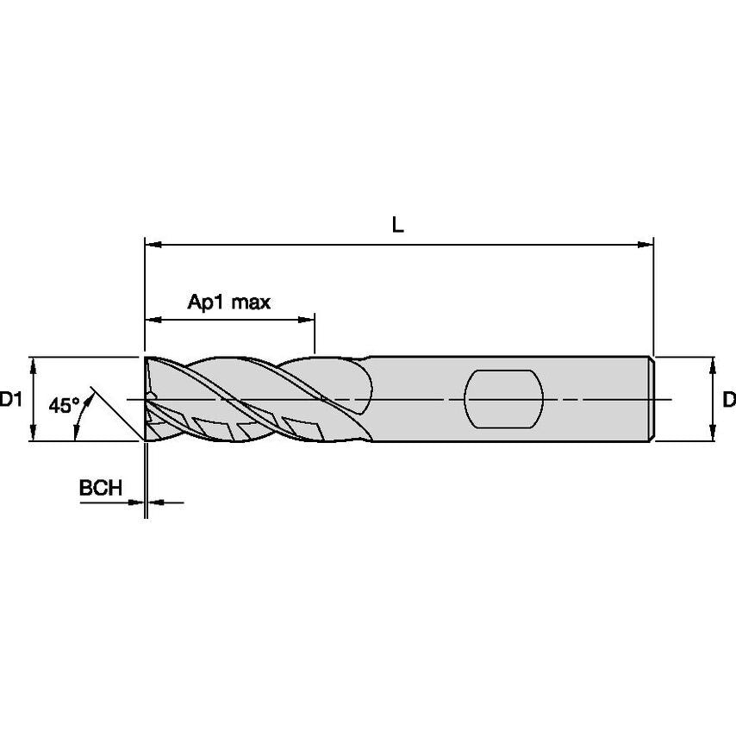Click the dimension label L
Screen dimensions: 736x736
397,226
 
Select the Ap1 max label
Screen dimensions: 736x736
229,303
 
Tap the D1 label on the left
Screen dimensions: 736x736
11,400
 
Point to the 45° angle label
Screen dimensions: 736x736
65,404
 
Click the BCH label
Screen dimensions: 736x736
101,488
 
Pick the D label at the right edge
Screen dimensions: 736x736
729,400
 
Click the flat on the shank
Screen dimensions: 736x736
503,399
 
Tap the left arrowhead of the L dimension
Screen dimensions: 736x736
153,245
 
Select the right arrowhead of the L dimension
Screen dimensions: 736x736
645,245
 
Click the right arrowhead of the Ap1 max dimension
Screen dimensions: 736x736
306,320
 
